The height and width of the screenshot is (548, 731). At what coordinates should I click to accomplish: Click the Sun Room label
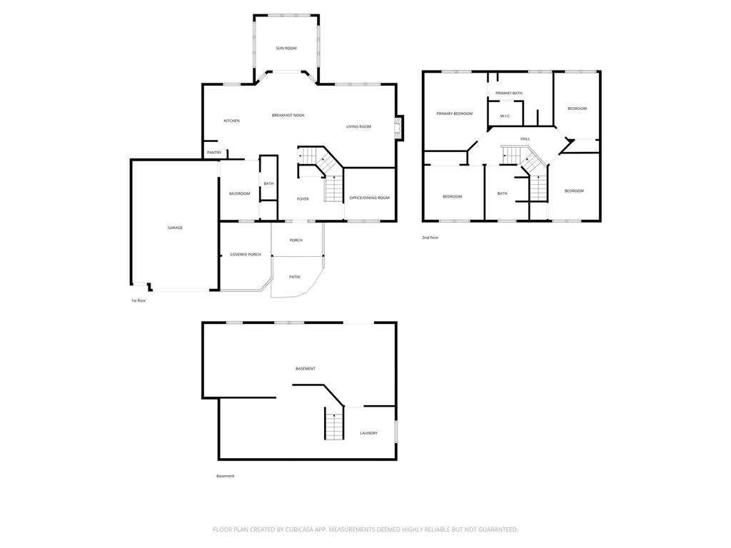[286, 48]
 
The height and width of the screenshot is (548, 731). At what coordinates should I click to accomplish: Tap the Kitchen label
[232, 121]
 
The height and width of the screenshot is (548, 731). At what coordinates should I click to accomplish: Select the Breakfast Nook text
[288, 115]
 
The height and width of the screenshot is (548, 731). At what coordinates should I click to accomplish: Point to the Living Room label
[358, 126]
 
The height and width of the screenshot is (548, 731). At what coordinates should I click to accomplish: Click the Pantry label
[214, 153]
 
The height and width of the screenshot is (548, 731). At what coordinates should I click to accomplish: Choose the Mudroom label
[240, 193]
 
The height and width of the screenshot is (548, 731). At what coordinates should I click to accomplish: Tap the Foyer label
[303, 199]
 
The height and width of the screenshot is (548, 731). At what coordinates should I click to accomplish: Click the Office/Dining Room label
[370, 198]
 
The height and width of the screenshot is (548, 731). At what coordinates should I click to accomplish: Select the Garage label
[176, 228]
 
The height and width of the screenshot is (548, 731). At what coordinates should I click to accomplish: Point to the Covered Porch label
[246, 255]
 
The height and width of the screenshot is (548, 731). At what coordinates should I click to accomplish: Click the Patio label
[295, 277]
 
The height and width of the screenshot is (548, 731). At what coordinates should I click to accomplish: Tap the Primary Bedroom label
[455, 113]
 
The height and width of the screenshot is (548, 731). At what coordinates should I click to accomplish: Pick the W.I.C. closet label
[505, 116]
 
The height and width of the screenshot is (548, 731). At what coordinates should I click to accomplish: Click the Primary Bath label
[509, 93]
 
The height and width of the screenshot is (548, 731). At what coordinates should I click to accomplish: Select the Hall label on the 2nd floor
[525, 139]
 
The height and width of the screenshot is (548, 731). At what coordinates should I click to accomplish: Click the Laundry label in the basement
[369, 433]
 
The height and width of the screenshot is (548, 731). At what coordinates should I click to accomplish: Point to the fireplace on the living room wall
[398, 128]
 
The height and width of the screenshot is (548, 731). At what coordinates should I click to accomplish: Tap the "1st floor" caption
[138, 300]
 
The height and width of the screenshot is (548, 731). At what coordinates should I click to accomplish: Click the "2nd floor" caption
[430, 238]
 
